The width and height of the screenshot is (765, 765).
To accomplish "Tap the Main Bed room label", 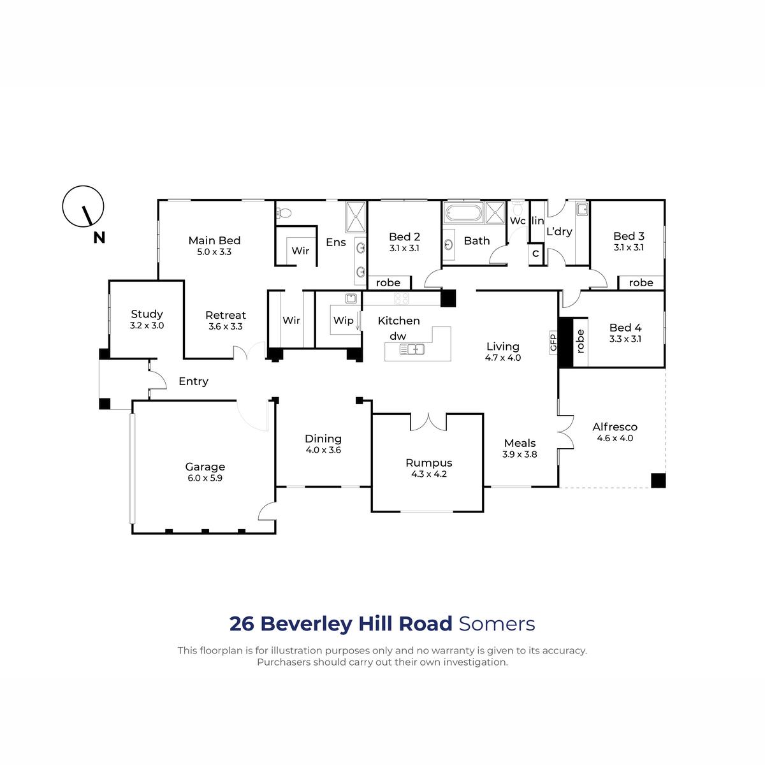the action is point(214,240).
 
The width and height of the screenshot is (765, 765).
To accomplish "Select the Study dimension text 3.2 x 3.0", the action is point(147,326).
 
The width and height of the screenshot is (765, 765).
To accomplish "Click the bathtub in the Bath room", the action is point(463,213).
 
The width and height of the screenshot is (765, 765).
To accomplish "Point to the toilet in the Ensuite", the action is point(283,213).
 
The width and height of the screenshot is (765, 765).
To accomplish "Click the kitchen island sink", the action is point(412,349).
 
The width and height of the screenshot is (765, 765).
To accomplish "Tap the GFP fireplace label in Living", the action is point(553,342).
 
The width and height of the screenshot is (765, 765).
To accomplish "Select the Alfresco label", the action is point(615,426).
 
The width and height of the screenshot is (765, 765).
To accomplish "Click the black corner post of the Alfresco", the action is point(658,481).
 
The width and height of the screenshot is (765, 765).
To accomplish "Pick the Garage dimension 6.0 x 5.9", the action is point(205,478).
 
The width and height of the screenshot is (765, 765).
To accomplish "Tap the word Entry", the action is point(193,381).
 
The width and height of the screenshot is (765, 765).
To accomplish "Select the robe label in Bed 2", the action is point(388,282).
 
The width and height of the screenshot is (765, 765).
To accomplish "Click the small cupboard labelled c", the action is point(535,253).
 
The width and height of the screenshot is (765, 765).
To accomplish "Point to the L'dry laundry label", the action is point(559,231).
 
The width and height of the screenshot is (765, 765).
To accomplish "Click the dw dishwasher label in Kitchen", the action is point(398,336).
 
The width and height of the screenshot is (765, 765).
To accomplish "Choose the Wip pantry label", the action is point(344,321).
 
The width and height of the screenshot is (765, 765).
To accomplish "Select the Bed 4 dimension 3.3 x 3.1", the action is point(625,339).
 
